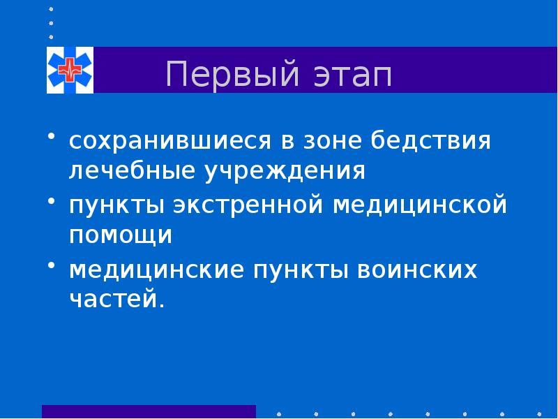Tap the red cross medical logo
(x=70, y=70)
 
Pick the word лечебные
(x=133, y=170)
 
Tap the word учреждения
(x=286, y=170)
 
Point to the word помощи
(x=120, y=235)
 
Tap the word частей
(x=117, y=299)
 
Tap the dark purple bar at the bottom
(x=149, y=411)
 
